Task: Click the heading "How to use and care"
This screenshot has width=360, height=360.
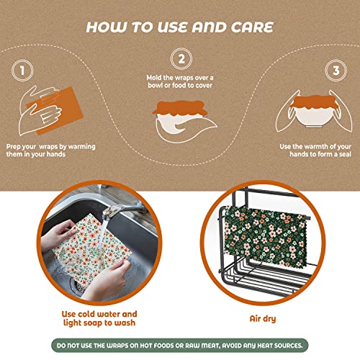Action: [x=179, y=27]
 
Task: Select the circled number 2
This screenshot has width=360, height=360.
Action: [x=180, y=60]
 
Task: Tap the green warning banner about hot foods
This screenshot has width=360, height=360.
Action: [x=180, y=345]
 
